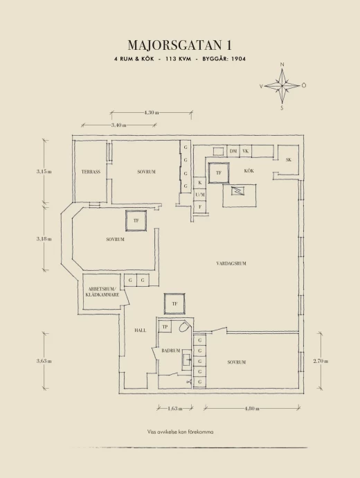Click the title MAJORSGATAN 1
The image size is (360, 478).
[x=180, y=45]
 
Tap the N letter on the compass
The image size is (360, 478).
[x=282, y=64]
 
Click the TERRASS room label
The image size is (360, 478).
[x=91, y=172]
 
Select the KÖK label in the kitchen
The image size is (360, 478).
[x=249, y=170]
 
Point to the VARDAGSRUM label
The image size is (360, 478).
[x=231, y=263]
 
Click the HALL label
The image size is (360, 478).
[x=140, y=330]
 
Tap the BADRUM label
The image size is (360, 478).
[x=170, y=351]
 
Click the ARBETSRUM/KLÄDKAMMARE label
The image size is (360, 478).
[x=102, y=292]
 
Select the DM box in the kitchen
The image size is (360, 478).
[x=233, y=151]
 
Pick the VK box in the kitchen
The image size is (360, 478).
[x=246, y=151]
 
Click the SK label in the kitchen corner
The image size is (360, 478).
[x=289, y=160]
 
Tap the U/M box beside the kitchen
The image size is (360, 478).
[x=200, y=195]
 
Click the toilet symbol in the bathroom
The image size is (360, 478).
[x=184, y=327]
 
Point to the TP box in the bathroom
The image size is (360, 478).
[x=165, y=327]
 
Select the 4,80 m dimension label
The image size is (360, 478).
[x=252, y=409]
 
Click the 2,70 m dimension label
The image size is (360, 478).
[x=321, y=361]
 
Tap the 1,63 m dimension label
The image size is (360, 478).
[x=175, y=409]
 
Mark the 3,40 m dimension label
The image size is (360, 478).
[x=119, y=125]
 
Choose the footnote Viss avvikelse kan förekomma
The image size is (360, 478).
[x=180, y=432]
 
